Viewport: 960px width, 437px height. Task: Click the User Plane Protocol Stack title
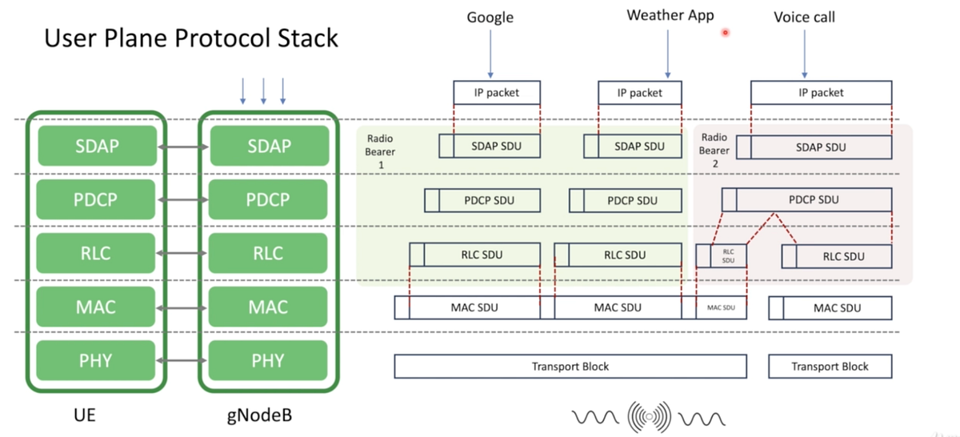click(x=191, y=37)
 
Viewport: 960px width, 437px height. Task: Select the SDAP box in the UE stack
click(x=96, y=146)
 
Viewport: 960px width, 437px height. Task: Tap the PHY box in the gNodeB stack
click(x=268, y=361)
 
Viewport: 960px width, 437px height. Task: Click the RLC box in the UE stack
click(x=96, y=254)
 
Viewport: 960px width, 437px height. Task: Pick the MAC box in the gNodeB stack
click(x=268, y=307)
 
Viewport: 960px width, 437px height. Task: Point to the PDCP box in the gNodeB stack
click(x=268, y=200)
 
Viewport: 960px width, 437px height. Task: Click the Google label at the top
click(x=490, y=17)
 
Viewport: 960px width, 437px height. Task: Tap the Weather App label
click(x=670, y=15)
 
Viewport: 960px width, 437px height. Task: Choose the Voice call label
click(x=805, y=17)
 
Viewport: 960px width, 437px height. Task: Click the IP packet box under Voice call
click(x=821, y=93)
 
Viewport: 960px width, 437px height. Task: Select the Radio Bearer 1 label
click(x=376, y=150)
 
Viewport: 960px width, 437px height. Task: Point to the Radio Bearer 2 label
click(x=714, y=150)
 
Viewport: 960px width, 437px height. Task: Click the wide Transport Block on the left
click(x=570, y=367)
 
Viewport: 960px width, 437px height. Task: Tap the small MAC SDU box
click(x=720, y=308)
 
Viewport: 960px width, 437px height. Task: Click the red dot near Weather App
click(x=726, y=33)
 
